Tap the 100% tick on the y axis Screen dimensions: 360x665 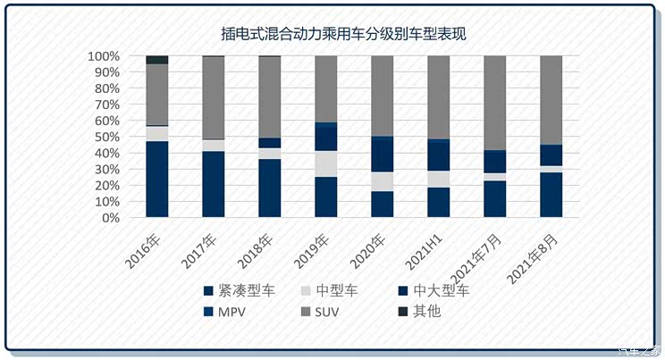click(105, 56)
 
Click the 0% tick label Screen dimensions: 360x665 click(111, 218)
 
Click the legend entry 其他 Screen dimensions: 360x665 click(428, 311)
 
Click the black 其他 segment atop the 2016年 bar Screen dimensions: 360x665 click(157, 60)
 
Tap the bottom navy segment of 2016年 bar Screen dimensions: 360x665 click(157, 179)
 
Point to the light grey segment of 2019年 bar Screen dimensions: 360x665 click(326, 163)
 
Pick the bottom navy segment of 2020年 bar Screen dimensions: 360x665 click(383, 205)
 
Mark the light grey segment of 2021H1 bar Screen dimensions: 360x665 click(439, 179)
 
